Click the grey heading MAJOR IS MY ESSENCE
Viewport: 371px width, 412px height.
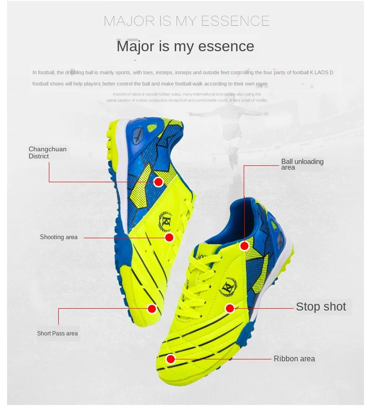(x=186, y=21)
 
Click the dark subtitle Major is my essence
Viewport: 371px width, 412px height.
(x=185, y=47)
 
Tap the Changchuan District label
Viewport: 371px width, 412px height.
(x=47, y=153)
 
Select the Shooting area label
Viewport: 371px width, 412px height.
(x=59, y=237)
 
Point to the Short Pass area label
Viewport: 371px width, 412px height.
(x=57, y=334)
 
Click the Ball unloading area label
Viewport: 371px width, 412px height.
(x=302, y=164)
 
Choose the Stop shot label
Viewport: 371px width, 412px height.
(x=321, y=307)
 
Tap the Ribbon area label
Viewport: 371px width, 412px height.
(x=294, y=359)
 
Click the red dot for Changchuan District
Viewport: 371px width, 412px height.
(x=158, y=182)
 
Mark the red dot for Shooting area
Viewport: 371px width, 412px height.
(x=170, y=237)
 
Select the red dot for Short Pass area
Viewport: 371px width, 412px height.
(x=152, y=309)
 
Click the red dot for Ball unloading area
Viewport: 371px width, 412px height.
(x=244, y=246)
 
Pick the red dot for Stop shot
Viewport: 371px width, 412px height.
(x=230, y=308)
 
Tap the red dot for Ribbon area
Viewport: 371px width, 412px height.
(x=170, y=359)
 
